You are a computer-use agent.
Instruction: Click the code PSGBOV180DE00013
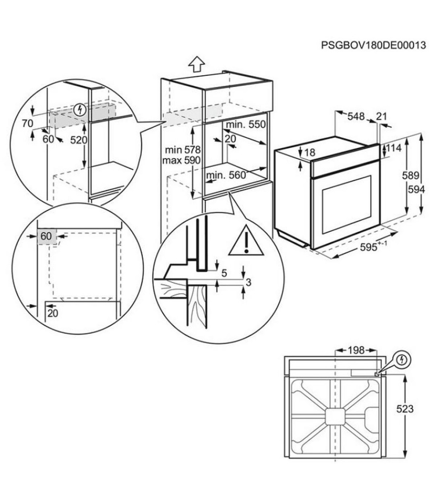373,45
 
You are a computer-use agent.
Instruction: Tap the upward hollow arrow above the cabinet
197,63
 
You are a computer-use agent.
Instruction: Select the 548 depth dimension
356,117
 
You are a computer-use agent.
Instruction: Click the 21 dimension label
381,117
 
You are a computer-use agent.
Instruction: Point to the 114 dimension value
394,148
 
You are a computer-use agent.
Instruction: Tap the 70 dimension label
27,123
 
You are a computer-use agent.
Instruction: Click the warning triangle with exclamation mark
246,241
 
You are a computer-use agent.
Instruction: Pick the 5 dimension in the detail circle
224,273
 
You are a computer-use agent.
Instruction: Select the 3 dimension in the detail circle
248,282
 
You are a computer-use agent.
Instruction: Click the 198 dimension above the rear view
355,350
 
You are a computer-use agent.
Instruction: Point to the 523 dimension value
405,409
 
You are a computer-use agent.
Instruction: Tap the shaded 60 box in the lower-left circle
46,236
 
